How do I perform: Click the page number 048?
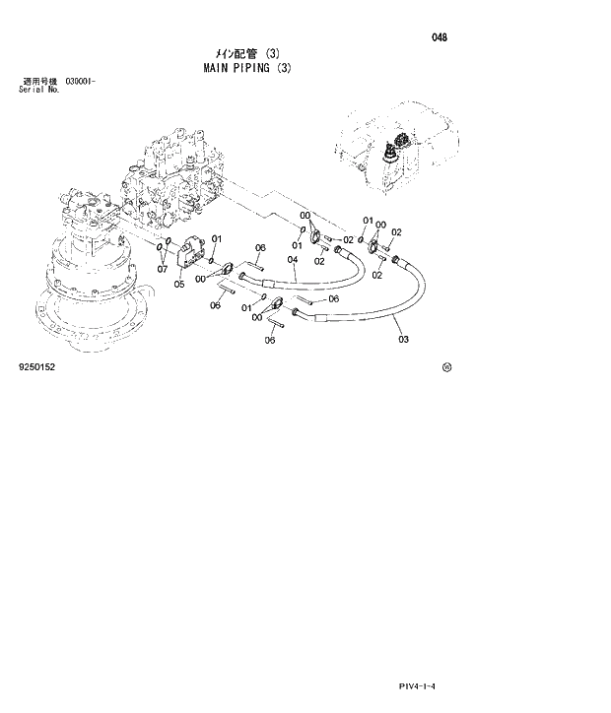(x=440, y=37)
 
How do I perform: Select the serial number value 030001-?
(x=80, y=80)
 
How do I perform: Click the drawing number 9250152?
(x=37, y=366)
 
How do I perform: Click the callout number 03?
(x=403, y=340)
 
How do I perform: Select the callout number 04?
(x=293, y=260)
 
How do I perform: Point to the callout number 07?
(x=164, y=268)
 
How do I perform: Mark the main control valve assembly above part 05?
(x=177, y=182)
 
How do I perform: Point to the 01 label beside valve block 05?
(x=217, y=239)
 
